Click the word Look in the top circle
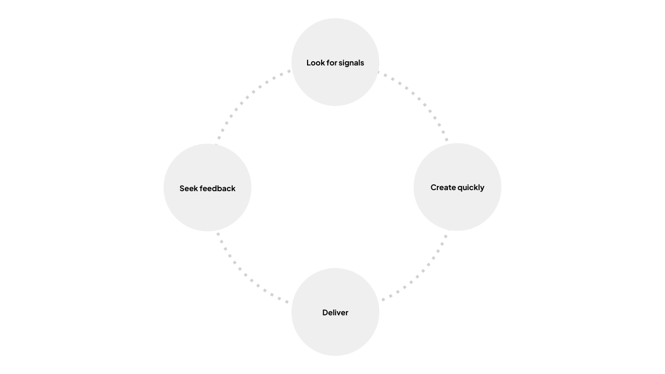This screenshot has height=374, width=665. point(314,63)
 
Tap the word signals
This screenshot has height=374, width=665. point(351,63)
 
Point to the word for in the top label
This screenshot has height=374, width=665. point(331,63)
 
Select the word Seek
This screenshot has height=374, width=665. point(189,189)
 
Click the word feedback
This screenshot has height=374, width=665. point(218,189)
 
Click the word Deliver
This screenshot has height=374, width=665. point(335,313)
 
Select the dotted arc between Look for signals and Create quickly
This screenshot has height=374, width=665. point(419,100)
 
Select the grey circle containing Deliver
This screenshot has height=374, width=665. point(335,338)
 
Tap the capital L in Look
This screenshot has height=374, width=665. point(309,63)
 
